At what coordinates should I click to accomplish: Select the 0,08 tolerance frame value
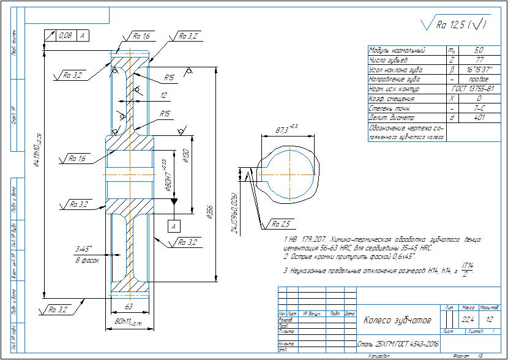(64, 36)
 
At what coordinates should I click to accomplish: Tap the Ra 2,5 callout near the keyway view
(280, 224)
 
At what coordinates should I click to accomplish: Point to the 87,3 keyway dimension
(282, 130)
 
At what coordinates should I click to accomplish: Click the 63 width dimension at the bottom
(129, 307)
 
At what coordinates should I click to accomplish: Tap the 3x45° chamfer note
(83, 249)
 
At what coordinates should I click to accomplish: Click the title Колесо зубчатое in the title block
(398, 321)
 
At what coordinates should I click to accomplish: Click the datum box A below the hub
(174, 226)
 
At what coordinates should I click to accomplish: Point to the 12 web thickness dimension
(163, 96)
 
